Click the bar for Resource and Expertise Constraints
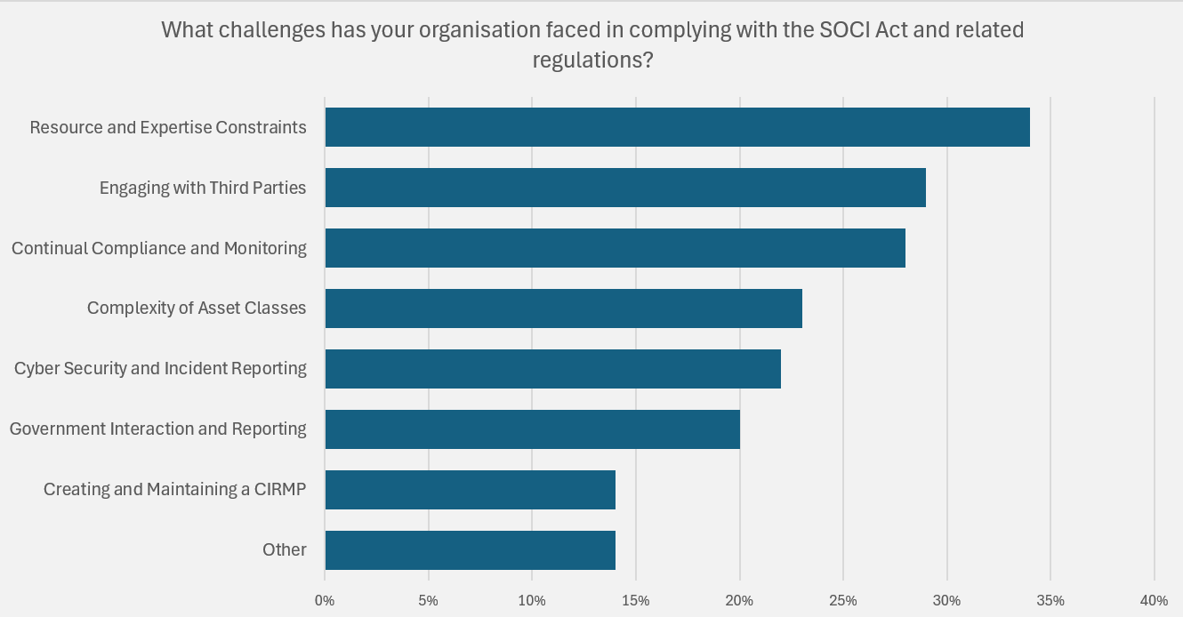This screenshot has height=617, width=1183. click(x=677, y=127)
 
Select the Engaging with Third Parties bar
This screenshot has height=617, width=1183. click(x=625, y=188)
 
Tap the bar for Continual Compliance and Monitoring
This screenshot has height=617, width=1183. click(x=615, y=248)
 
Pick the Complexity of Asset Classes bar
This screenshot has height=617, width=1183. click(x=563, y=308)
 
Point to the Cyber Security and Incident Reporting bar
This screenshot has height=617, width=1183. click(x=552, y=369)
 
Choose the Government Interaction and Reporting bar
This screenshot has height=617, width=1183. click(x=532, y=429)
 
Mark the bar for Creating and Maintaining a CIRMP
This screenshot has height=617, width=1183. click(x=470, y=490)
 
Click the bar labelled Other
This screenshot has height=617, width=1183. click(x=470, y=550)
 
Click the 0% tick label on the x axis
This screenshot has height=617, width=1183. click(x=325, y=600)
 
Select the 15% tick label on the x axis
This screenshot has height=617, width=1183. click(x=635, y=600)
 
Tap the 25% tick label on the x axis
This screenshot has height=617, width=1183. click(x=842, y=600)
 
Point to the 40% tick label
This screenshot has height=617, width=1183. click(x=1154, y=600)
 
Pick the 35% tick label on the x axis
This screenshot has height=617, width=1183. click(x=1050, y=600)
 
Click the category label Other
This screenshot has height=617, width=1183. click(x=285, y=549)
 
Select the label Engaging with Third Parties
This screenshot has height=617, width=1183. click(x=203, y=188)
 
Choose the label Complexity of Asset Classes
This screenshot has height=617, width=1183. click(x=197, y=308)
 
